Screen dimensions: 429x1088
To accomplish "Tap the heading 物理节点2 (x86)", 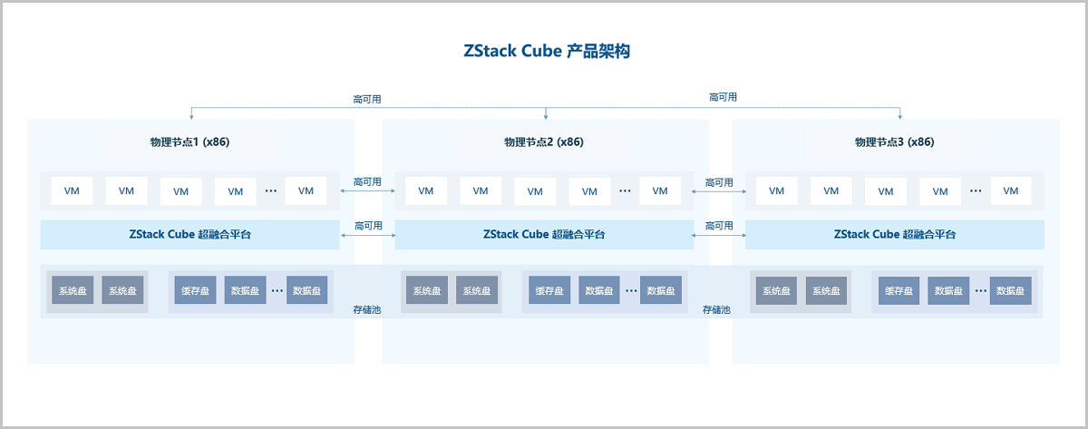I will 544,141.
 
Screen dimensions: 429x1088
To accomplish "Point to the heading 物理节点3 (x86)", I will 894,141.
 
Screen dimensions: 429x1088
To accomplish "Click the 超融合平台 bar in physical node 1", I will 189,234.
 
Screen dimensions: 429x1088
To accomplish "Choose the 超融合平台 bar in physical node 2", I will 544,234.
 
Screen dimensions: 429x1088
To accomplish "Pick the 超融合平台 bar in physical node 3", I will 894,234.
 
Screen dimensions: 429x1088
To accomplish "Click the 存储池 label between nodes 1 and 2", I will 367,309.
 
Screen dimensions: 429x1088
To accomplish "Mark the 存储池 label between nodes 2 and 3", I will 716,309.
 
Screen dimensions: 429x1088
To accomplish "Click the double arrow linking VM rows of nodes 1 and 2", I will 367,191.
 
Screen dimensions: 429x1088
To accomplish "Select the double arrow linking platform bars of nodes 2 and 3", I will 718,236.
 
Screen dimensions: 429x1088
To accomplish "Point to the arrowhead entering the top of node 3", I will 900,116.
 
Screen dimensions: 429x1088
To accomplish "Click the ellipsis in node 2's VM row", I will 625,191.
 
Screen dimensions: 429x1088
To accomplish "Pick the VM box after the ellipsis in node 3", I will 1011,190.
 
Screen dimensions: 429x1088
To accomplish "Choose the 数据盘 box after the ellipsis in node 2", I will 660,290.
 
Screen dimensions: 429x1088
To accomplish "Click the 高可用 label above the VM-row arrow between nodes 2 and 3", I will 719,182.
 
